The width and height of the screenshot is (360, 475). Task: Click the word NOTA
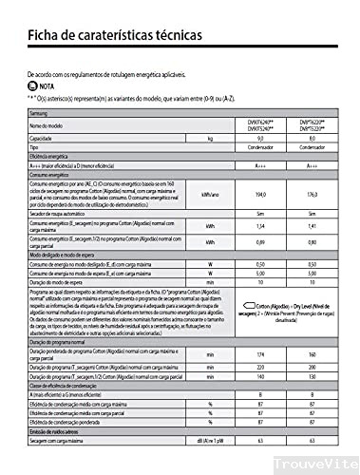pos(50,85)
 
